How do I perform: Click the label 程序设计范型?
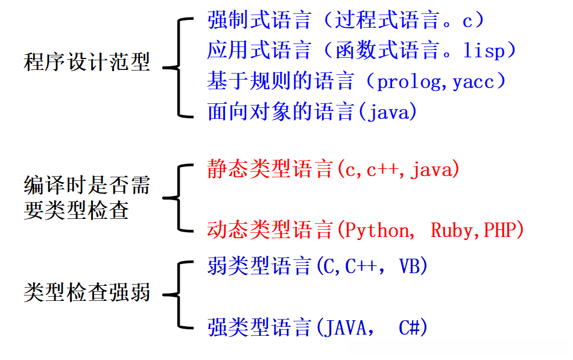(x=87, y=62)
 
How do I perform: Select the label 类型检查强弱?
(x=87, y=294)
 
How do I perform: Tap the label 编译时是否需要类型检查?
(x=87, y=197)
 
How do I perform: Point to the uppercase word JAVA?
(x=346, y=328)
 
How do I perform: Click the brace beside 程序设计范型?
(x=178, y=66)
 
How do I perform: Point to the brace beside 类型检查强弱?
(x=178, y=295)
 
